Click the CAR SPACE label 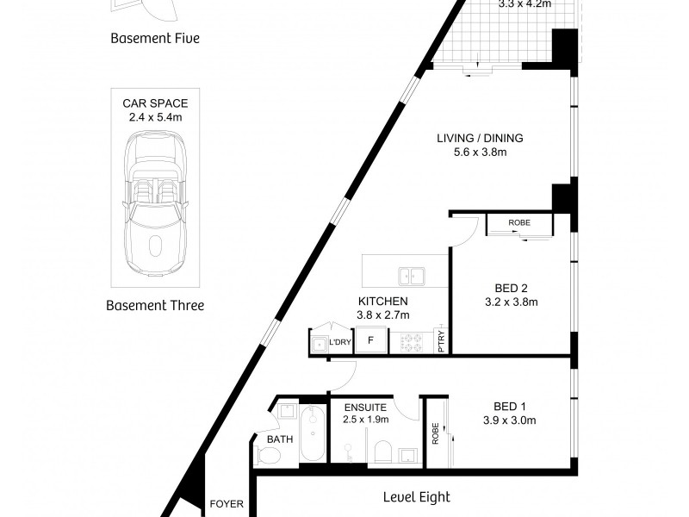click(x=155, y=103)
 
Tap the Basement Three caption click(x=155, y=305)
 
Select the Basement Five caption click(x=155, y=38)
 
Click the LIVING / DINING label click(x=480, y=138)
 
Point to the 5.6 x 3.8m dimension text click(x=481, y=153)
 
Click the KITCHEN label click(x=383, y=301)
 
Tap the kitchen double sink click(x=412, y=276)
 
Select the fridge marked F click(x=371, y=339)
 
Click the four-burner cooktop click(x=412, y=342)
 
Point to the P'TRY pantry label click(x=442, y=341)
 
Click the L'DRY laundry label click(x=340, y=342)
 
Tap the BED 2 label click(x=511, y=289)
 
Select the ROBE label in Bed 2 click(x=519, y=222)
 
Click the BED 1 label click(x=510, y=406)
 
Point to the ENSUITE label click(x=365, y=408)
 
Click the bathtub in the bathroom click(x=313, y=433)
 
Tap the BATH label click(x=280, y=439)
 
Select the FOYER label click(x=227, y=504)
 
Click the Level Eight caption click(x=417, y=497)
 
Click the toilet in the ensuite click(x=383, y=452)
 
